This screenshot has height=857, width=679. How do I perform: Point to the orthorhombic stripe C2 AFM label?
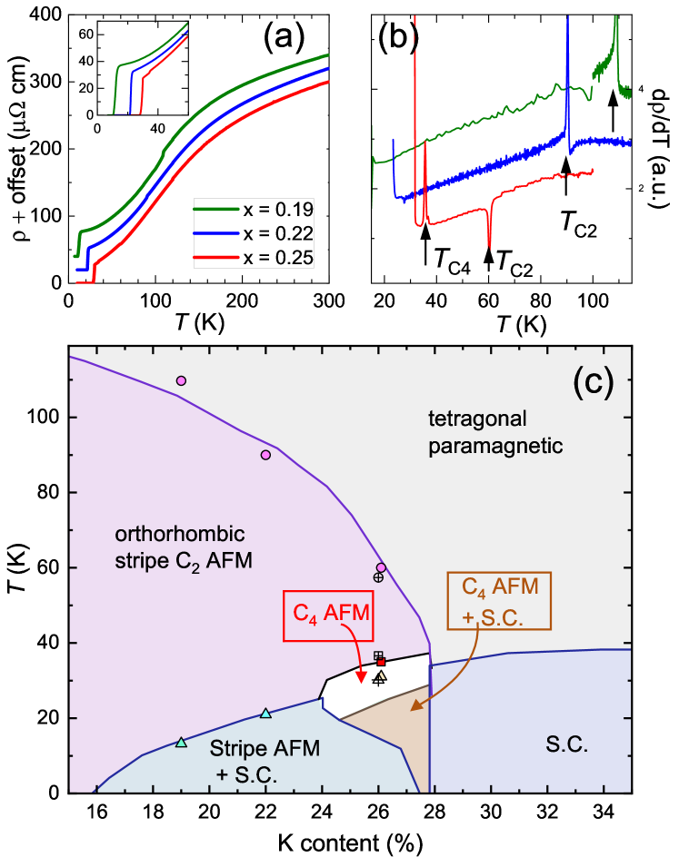[x=183, y=547]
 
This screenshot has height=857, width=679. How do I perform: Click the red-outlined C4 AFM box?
[x=331, y=614]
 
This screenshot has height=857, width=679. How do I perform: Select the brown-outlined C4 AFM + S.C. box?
[x=500, y=599]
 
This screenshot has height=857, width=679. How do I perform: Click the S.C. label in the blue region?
[x=567, y=746]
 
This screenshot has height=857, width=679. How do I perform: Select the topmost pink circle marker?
[x=181, y=380]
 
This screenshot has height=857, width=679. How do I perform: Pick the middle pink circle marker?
[x=265, y=455]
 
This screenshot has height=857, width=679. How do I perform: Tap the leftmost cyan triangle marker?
[x=181, y=743]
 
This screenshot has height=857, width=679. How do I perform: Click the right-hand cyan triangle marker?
[x=265, y=714]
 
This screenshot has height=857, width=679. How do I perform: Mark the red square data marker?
[x=381, y=662]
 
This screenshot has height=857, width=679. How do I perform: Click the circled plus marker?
[x=378, y=577]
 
